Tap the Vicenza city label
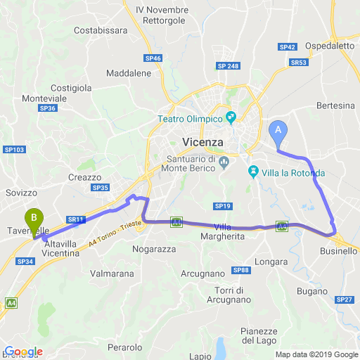click(x=202, y=142)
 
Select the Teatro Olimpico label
click(x=190, y=119)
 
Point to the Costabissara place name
click(x=101, y=31)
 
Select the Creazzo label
click(x=85, y=177)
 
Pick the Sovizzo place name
click(x=20, y=192)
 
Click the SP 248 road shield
click(x=228, y=66)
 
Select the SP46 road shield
click(x=153, y=58)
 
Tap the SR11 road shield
click(x=76, y=219)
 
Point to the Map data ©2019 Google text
click(x=316, y=354)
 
